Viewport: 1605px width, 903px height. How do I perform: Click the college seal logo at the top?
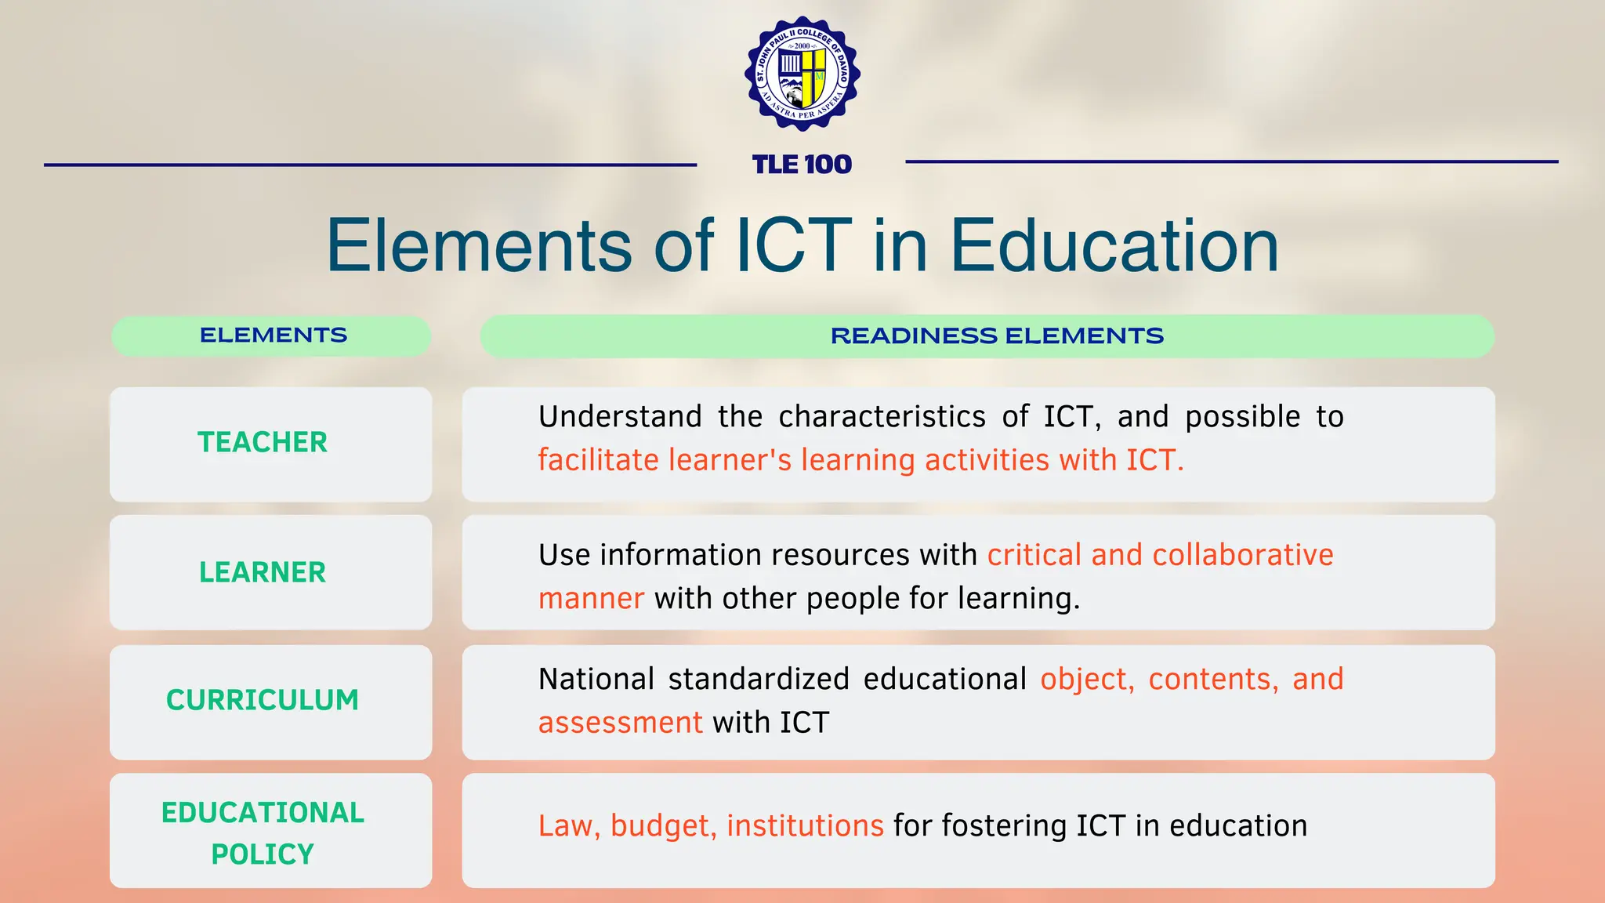[x=802, y=74]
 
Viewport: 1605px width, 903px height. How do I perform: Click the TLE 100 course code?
[x=802, y=165]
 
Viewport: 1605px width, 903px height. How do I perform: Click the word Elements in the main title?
[x=479, y=246]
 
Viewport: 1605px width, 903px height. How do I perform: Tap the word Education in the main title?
[x=1114, y=246]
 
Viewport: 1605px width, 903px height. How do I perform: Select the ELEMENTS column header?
[x=273, y=335]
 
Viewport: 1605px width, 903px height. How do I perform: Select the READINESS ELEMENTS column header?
[x=997, y=336]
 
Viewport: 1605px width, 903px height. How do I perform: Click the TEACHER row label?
[x=263, y=443]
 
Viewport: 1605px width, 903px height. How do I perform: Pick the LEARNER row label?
[x=263, y=573]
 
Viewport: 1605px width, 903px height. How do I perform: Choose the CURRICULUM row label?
[x=263, y=700]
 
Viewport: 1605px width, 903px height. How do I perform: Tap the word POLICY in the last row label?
[x=263, y=854]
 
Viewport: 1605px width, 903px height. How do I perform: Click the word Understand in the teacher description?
[x=620, y=417]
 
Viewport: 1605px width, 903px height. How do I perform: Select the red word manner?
[x=591, y=599]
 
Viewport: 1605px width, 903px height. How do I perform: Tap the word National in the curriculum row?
[x=596, y=680]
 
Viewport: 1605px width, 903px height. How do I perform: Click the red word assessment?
[x=620, y=723]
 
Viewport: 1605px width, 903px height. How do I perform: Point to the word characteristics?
[x=882, y=417]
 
